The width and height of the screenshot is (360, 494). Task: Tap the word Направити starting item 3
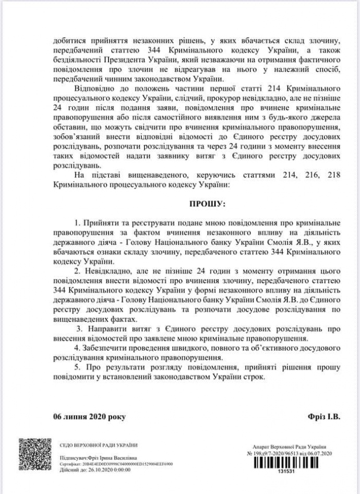(101, 330)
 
